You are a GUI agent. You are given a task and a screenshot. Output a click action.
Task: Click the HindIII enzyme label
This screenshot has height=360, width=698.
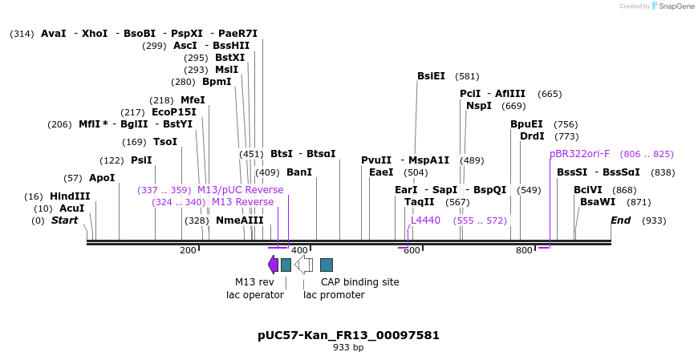(70, 196)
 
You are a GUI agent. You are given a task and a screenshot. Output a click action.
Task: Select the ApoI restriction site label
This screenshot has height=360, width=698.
(101, 178)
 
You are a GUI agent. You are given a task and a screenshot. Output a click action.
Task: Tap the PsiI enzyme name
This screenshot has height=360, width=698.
(141, 160)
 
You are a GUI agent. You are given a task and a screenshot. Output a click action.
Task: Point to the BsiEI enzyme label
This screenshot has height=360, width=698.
(431, 76)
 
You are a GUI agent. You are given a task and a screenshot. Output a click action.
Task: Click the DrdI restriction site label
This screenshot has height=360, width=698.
(532, 136)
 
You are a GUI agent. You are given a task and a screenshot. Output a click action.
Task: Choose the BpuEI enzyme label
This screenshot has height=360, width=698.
(526, 124)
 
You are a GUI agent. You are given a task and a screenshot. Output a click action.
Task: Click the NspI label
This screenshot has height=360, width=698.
(479, 106)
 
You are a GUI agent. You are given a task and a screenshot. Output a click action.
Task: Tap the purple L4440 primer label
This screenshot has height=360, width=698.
(425, 220)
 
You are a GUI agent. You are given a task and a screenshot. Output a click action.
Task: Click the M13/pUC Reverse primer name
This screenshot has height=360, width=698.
(240, 190)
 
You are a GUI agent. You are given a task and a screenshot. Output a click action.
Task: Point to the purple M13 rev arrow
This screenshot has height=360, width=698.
(273, 265)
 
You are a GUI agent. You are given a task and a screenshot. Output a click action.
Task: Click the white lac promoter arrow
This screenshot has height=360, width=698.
(303, 265)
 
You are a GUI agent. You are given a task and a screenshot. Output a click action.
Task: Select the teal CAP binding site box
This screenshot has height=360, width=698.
(327, 265)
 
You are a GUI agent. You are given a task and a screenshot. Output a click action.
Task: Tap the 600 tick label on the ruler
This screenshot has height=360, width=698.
(411, 251)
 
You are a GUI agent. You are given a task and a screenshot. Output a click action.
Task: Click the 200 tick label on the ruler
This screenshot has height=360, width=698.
(188, 251)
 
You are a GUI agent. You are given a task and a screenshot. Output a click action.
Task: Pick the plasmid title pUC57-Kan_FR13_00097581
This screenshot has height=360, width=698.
(348, 335)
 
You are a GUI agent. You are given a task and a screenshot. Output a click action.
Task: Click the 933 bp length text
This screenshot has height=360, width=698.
(348, 348)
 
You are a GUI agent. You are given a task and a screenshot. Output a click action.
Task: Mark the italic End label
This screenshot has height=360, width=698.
(620, 220)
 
